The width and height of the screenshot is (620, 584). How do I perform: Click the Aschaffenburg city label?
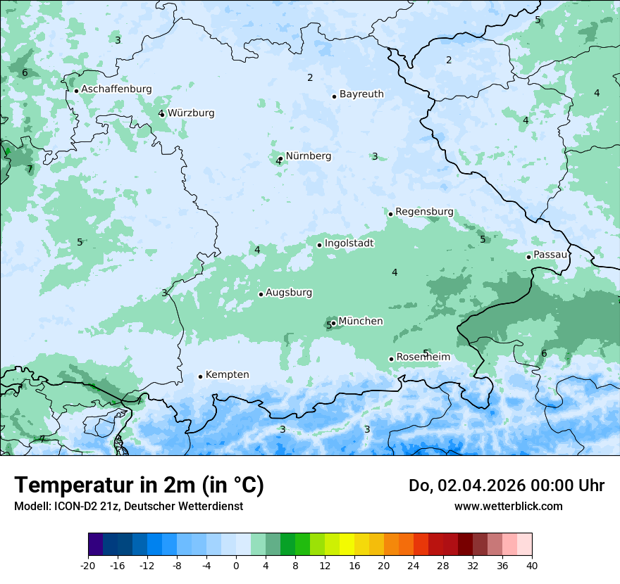[116, 89]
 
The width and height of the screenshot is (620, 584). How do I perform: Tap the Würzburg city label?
[191, 113]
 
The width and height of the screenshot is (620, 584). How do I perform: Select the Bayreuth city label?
[361, 94]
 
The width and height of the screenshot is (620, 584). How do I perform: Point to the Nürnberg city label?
[308, 156]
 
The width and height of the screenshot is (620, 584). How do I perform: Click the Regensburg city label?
[424, 212]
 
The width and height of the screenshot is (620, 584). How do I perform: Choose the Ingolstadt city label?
[349, 243]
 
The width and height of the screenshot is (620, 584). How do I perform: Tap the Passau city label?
[550, 255]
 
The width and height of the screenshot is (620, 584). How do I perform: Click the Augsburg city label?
[289, 293]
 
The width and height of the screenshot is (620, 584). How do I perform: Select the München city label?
[361, 322]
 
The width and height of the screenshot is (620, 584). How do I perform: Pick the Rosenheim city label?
[423, 357]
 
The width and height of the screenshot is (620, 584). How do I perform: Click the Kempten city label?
[227, 375]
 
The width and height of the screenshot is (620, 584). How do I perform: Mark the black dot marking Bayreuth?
[334, 96]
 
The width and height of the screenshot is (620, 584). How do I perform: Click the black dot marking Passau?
[528, 257]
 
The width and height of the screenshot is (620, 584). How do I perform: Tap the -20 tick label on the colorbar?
[88, 566]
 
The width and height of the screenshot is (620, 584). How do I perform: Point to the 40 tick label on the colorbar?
[532, 566]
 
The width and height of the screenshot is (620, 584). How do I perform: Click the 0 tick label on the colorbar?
[236, 566]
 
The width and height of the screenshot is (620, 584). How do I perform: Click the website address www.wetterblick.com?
[508, 507]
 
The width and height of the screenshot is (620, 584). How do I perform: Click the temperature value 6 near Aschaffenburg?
[25, 72]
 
